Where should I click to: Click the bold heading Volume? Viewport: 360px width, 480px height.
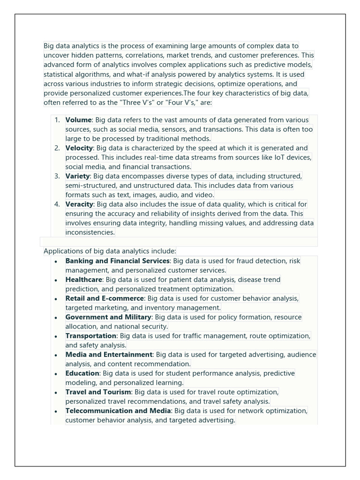(78, 120)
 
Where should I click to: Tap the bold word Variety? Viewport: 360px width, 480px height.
(77, 176)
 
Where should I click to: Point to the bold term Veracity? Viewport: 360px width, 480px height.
(80, 204)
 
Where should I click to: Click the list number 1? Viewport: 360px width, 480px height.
(57, 120)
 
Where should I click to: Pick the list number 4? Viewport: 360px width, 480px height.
(57, 204)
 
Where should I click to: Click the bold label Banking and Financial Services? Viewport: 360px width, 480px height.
(117, 261)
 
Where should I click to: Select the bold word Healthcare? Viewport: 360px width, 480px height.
(83, 280)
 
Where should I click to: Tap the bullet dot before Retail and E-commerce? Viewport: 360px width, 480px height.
(56, 299)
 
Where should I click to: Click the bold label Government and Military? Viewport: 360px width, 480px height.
(108, 317)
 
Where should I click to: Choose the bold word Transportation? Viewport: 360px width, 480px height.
(90, 336)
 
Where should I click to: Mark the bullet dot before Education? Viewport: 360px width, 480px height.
(56, 374)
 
